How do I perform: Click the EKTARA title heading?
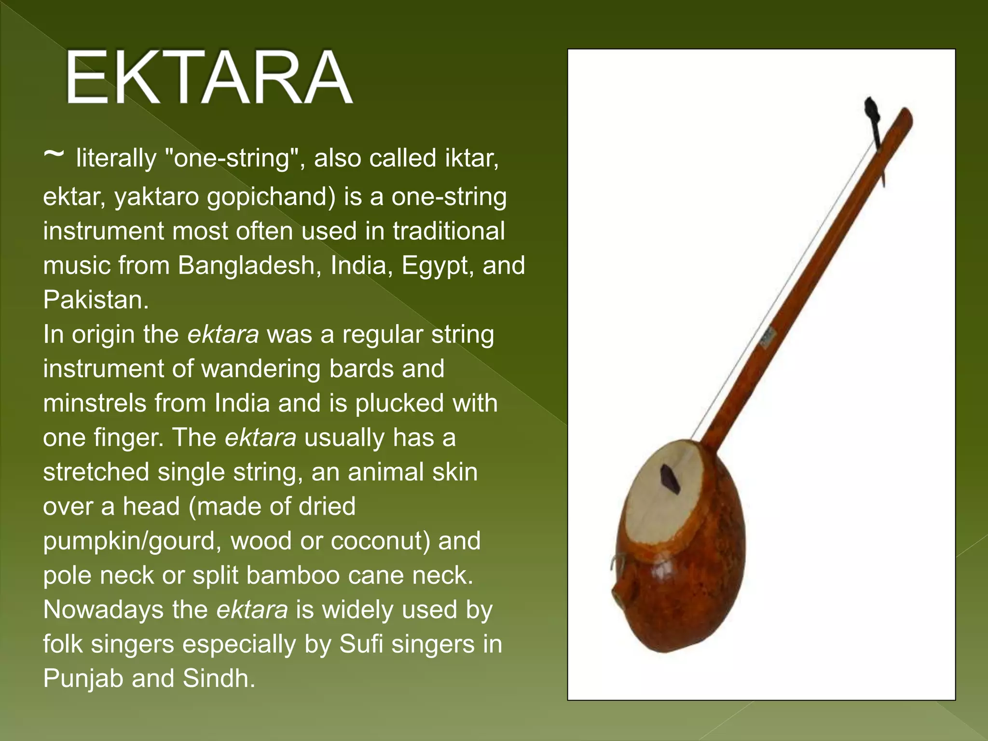tap(208, 77)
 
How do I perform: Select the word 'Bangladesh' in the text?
tap(246, 265)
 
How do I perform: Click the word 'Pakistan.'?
tap(96, 300)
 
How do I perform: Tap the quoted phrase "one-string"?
tap(230, 158)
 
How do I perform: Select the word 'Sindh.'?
tap(219, 678)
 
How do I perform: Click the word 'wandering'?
tap(261, 369)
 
